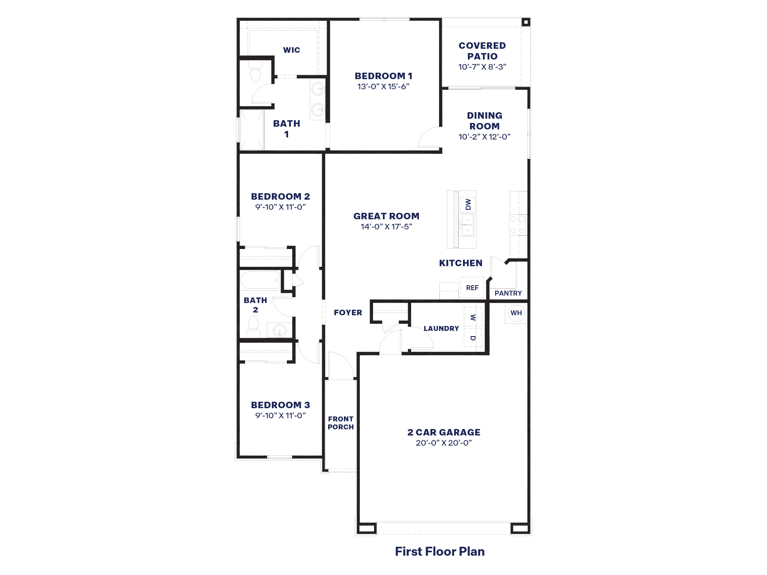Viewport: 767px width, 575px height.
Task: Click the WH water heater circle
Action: [x=516, y=313]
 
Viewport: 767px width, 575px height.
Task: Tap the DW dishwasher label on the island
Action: [x=468, y=204]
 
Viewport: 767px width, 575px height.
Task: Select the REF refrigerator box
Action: [x=472, y=288]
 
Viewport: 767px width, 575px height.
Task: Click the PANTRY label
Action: [x=508, y=293]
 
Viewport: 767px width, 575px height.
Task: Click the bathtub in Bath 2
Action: [x=260, y=280]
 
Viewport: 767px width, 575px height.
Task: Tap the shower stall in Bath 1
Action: [x=252, y=130]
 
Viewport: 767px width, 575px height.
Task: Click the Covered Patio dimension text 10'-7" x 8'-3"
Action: [x=482, y=67]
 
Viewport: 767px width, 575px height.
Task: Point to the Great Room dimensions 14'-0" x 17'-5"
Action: [x=386, y=227]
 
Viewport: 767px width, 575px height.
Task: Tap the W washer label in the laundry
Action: [x=472, y=317]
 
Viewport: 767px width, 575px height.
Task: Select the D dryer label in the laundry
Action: [x=472, y=338]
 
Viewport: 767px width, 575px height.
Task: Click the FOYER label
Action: [x=348, y=312]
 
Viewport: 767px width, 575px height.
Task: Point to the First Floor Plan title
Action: [x=440, y=551]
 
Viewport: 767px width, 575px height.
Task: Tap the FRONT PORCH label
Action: [x=341, y=423]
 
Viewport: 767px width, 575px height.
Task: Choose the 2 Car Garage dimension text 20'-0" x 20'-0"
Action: [x=444, y=443]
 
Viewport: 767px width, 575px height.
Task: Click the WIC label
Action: [x=291, y=50]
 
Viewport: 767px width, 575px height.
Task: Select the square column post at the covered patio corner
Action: [x=526, y=22]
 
